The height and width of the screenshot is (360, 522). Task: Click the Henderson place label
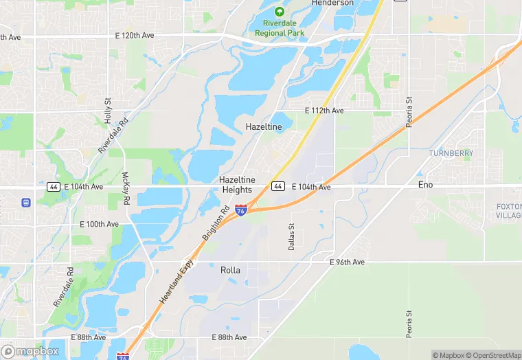tap(332, 3)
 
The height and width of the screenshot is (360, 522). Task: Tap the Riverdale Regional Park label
tap(280, 28)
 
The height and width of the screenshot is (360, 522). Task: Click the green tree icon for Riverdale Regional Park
tap(280, 12)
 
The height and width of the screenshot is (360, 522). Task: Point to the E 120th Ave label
tap(134, 35)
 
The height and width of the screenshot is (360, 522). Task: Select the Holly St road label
tap(108, 110)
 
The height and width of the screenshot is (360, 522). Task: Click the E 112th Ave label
tap(324, 111)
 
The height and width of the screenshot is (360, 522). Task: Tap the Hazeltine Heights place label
tap(236, 184)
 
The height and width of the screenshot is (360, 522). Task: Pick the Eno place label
tap(426, 185)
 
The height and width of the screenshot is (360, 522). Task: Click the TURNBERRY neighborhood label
tap(451, 153)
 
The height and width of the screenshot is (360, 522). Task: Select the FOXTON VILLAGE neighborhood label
tap(508, 211)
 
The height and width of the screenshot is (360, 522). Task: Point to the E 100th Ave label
tap(100, 224)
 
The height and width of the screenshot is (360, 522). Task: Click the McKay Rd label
tap(126, 190)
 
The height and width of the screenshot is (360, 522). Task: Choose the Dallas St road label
tap(291, 236)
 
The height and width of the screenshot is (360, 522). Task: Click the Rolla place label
tap(231, 270)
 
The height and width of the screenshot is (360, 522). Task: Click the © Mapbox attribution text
tap(449, 355)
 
